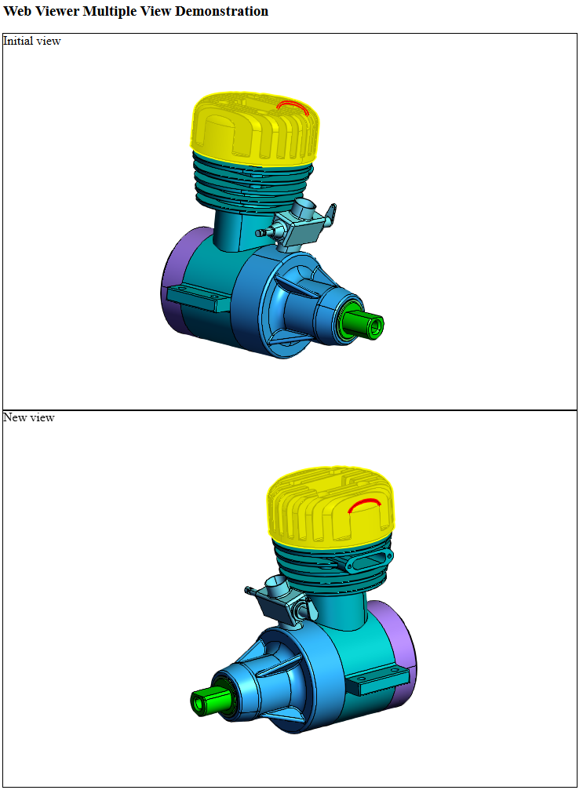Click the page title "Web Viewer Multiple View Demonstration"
coord(136,12)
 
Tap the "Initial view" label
coord(32,41)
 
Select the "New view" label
coord(29,417)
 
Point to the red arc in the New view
coord(365,503)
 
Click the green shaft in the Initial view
coord(363,325)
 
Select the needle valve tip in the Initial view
coord(260,233)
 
